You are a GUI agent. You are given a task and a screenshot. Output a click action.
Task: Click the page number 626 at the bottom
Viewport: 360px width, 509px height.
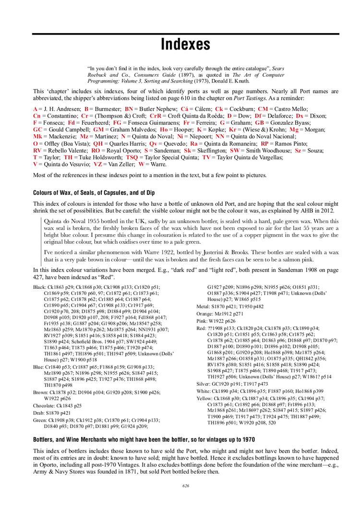pos(186,486)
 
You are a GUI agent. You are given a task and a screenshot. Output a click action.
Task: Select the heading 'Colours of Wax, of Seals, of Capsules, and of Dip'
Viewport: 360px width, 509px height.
pos(94,193)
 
